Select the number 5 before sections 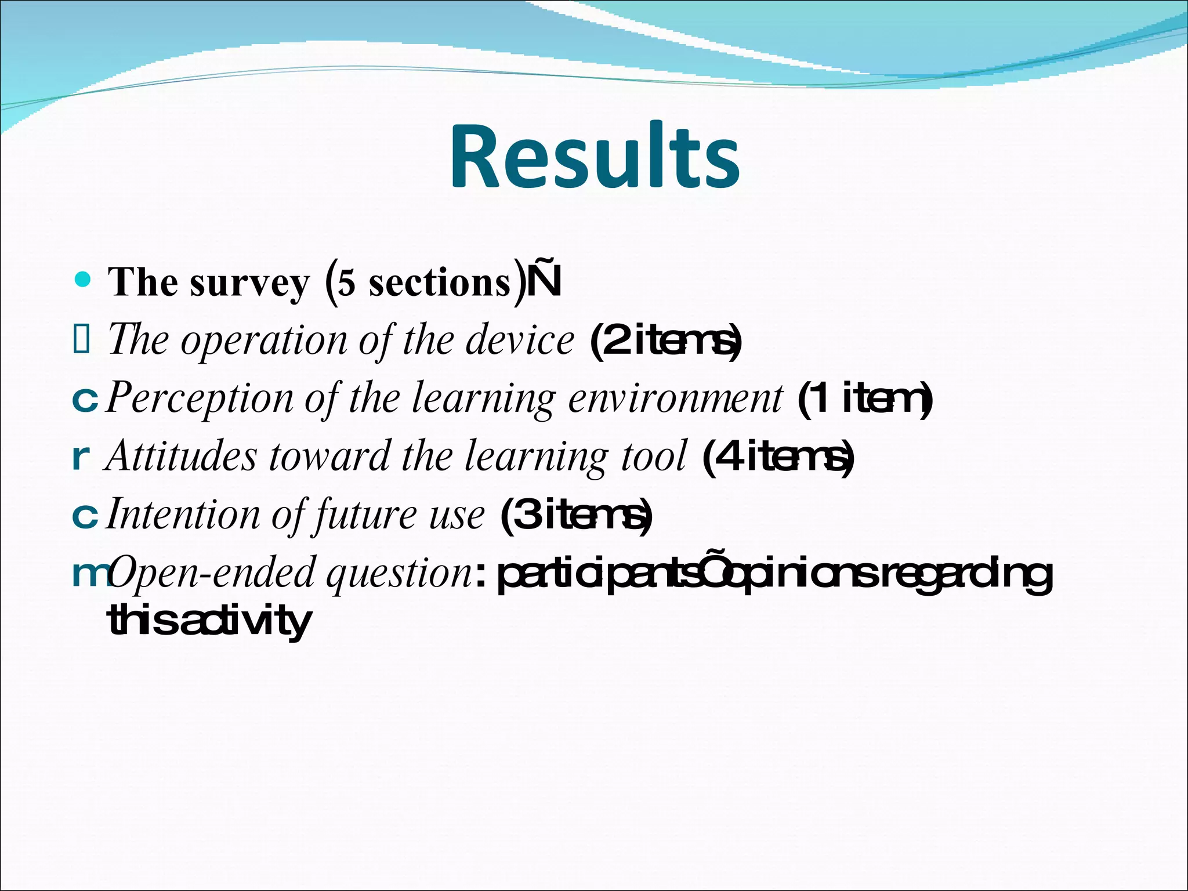(x=346, y=284)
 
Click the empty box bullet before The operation (x=81, y=340)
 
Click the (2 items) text (x=665, y=342)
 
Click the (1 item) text (x=865, y=399)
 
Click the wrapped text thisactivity (x=209, y=621)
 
